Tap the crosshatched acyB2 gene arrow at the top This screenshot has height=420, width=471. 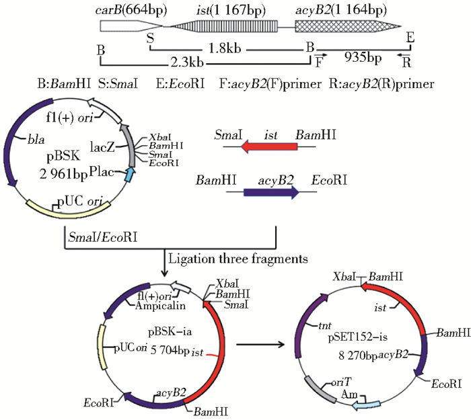pos(343,27)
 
